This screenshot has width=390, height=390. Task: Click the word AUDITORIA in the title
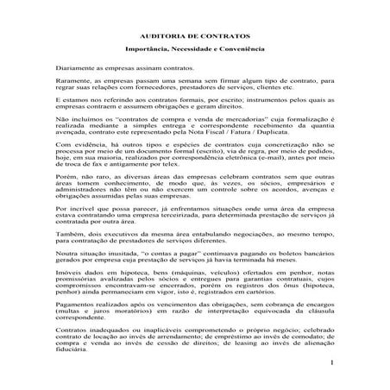[170, 38]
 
